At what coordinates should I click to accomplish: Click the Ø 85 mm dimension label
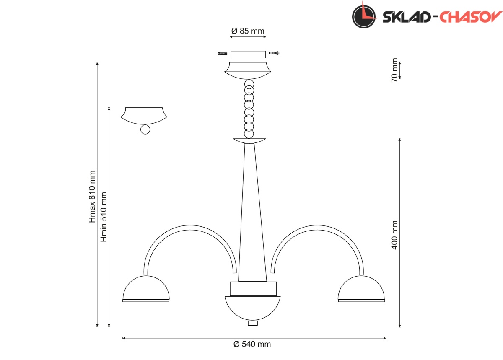(x=248, y=31)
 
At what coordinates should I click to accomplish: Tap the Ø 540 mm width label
(x=252, y=344)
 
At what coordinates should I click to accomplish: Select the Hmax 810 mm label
(x=92, y=197)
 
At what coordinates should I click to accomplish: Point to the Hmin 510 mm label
(x=103, y=217)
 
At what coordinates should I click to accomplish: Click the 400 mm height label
(x=394, y=235)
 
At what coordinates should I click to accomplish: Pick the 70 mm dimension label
(x=394, y=70)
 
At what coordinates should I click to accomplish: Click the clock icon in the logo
(x=364, y=16)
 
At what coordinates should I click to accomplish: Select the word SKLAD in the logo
(x=407, y=17)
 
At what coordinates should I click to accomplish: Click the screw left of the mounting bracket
(x=222, y=54)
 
